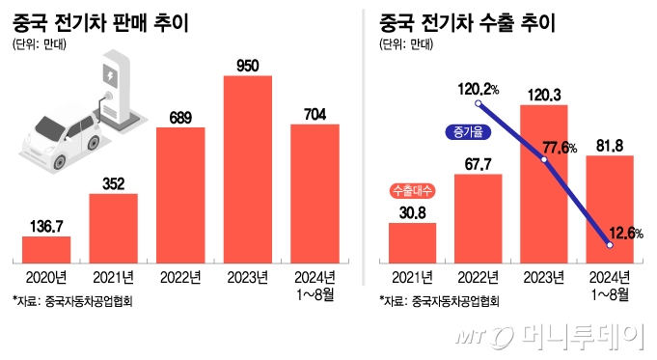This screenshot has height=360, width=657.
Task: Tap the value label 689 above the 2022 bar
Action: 180,116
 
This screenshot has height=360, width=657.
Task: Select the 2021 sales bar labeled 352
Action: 113,228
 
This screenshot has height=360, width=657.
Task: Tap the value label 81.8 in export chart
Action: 611,145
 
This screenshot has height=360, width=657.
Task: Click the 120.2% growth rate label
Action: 478,89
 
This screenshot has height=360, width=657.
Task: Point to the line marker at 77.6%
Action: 544,160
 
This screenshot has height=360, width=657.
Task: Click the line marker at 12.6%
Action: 610,247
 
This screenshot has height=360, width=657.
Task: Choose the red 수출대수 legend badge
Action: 412,189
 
